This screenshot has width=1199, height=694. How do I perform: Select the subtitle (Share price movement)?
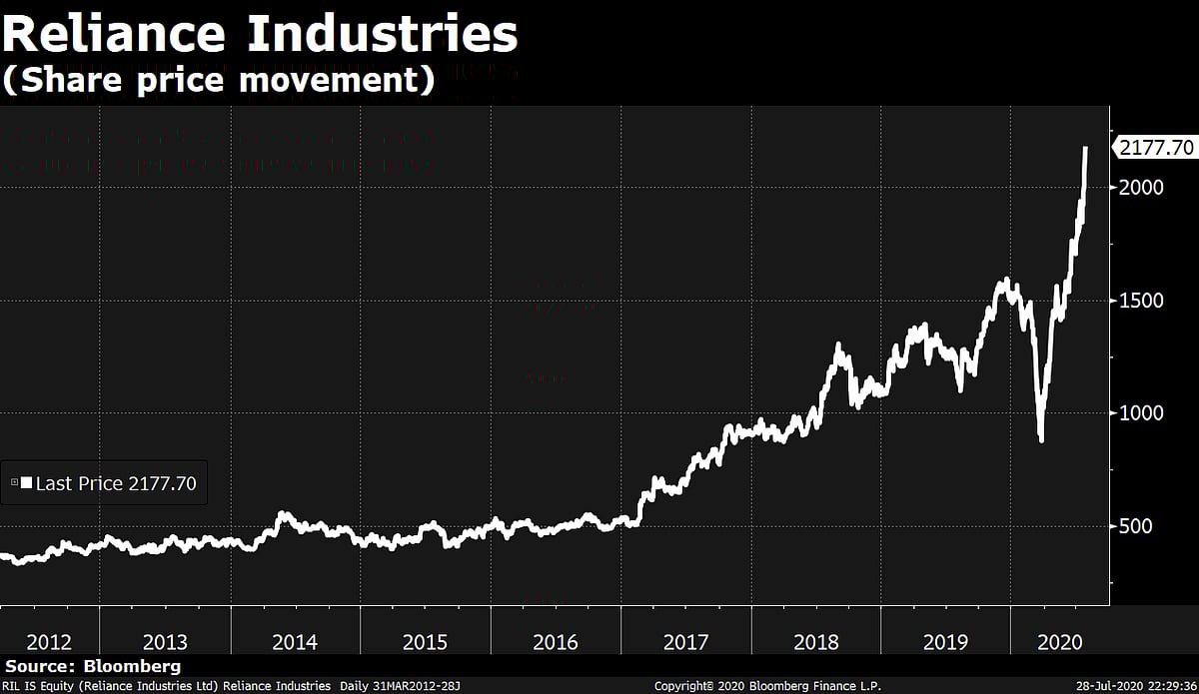[219, 81]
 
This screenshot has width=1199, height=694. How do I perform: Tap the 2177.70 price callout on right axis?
[1156, 148]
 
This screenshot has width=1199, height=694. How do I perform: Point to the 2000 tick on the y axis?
[1142, 188]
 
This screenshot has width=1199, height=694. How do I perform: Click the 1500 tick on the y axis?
[1142, 301]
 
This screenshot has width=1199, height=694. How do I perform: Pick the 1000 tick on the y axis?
[1142, 413]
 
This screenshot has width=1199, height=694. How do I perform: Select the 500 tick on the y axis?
[1137, 526]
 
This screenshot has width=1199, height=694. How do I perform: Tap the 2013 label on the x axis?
[165, 642]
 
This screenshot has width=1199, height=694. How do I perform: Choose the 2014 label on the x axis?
[295, 642]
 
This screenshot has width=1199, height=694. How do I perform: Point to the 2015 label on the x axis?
[425, 642]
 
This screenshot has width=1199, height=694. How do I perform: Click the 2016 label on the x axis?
[555, 642]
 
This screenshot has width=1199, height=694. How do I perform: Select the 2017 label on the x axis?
[685, 642]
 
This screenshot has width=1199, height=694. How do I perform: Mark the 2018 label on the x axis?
[815, 642]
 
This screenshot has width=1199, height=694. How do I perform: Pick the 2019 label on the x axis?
[945, 642]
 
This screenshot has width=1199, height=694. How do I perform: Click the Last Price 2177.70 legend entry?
[105, 484]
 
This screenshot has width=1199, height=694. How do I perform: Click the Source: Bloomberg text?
[93, 666]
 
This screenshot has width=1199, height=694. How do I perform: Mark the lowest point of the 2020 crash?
[1041, 439]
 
